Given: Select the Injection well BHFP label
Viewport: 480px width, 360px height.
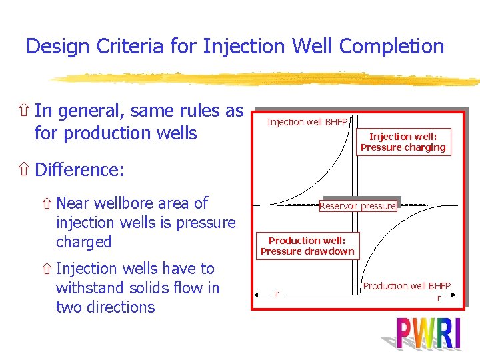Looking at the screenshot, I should click(x=307, y=122).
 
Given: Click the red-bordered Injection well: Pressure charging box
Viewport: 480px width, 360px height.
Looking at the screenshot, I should click(x=403, y=142).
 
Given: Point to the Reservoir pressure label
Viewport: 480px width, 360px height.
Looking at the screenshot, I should click(x=357, y=206).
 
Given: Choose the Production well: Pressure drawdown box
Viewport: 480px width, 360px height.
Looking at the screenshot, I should click(x=307, y=245).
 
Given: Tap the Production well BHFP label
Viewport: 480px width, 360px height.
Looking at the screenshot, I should click(x=407, y=286).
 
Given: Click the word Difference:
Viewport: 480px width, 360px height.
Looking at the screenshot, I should click(x=79, y=170).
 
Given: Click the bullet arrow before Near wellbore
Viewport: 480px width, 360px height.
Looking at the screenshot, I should click(x=47, y=203).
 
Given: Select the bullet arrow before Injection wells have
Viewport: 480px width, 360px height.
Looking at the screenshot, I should click(x=47, y=269).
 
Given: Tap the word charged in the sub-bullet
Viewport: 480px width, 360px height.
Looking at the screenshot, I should click(x=83, y=241).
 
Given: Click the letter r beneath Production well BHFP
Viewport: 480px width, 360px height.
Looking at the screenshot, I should click(x=438, y=298).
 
